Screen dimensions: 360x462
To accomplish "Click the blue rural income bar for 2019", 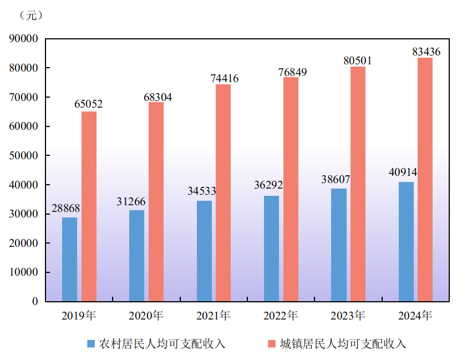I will pos(69,259).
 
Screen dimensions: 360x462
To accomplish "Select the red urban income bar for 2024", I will pos(425,179).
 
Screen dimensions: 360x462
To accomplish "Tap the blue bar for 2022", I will pos(271,249).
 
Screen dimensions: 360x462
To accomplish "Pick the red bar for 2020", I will pos(156,201).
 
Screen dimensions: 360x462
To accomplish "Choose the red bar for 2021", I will pos(223,192).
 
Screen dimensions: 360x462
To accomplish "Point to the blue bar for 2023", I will pos(339,245).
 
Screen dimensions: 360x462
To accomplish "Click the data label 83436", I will pos(426,52).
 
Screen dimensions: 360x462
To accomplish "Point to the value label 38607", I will pos(336,180).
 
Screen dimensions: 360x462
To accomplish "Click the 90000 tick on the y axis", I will pos(23,39).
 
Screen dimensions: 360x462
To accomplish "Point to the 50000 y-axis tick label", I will pos(23,156).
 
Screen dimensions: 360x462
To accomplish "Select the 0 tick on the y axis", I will pos(34,302).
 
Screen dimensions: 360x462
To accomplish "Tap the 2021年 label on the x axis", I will pos(213,316).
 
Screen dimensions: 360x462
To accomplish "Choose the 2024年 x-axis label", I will pos(415,316).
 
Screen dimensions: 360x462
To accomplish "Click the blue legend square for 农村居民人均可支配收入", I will pos(91,343).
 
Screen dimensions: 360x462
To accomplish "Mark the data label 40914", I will pos(403,173).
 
